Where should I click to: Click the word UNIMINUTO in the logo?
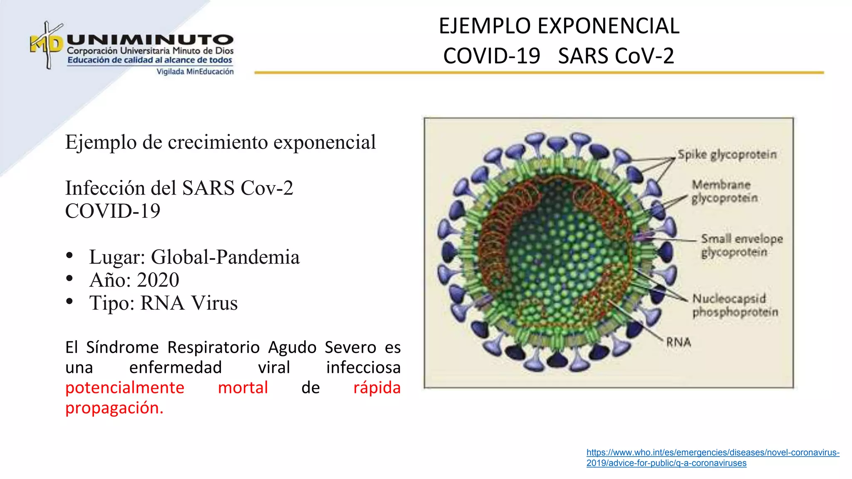point(150,40)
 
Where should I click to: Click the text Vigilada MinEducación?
point(195,72)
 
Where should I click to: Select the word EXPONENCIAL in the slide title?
point(608,26)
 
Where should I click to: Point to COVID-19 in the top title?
point(491,56)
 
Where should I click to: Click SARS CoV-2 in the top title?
point(616,56)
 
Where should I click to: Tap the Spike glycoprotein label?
point(727,154)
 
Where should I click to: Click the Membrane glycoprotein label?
point(724,191)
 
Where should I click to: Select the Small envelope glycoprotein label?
point(741,245)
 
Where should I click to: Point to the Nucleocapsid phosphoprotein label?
point(734,305)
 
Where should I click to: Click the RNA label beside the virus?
point(679,342)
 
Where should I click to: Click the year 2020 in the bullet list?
point(158,280)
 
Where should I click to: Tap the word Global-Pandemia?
point(225,257)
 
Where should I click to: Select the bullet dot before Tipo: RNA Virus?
point(69,301)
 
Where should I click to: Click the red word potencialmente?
point(124,388)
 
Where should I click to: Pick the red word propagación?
point(114,408)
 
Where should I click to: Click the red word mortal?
point(243,388)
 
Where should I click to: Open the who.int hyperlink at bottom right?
point(712,453)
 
